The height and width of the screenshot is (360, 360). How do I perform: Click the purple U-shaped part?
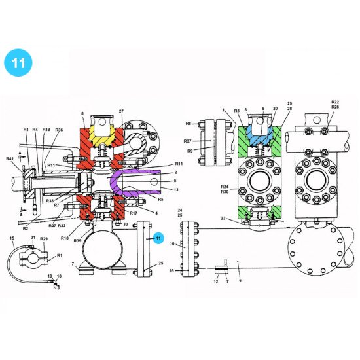pos(124,185)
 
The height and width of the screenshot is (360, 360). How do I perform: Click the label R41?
pos(10,159)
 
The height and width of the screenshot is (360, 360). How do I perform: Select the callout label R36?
pos(59,130)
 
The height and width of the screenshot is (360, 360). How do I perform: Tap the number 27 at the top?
pos(121,112)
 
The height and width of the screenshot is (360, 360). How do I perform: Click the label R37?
pos(187,141)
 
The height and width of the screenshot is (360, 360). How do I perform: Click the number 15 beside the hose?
pos(12,238)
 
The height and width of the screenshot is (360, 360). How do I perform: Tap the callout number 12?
pos(216,281)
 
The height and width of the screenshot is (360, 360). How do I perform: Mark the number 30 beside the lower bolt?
pos(126,225)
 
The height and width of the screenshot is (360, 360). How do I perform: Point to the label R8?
pos(188,123)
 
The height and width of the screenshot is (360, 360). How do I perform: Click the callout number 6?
pos(240,280)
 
